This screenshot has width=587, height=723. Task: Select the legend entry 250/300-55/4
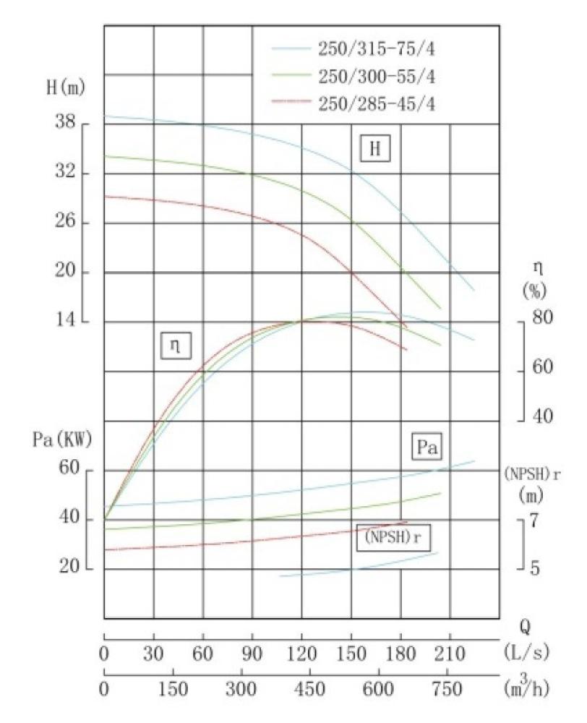[376, 76]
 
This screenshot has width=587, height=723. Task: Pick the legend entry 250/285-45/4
[376, 103]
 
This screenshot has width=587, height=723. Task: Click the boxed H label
[374, 150]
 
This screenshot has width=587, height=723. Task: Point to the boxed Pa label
[427, 447]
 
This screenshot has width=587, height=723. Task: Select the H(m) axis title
[64, 89]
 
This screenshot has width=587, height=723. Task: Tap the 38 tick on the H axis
[67, 123]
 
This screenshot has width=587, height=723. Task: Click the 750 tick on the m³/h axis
[450, 690]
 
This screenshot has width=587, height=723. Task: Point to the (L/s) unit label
[524, 654]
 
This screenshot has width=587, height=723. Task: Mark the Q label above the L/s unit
[525, 626]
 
